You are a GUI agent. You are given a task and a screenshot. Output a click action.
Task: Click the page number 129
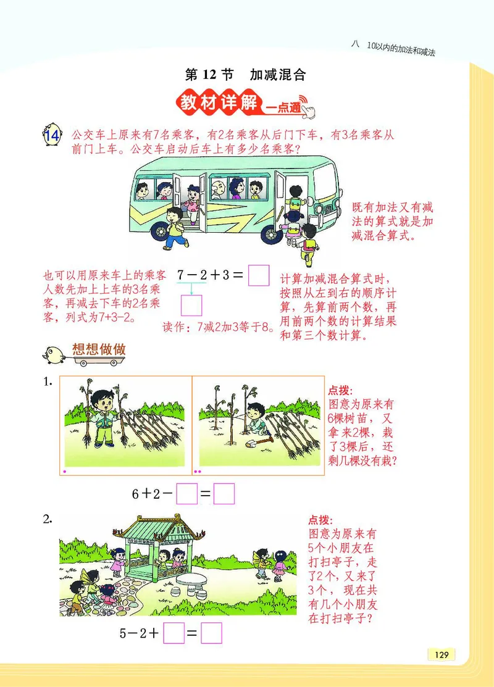click(441, 655)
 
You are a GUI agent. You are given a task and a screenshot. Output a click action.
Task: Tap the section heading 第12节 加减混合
click(246, 75)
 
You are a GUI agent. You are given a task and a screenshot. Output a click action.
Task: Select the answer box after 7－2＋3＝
click(258, 275)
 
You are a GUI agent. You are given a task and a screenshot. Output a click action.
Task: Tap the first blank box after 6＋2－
click(186, 493)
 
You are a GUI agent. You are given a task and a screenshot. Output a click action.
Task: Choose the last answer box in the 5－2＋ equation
click(211, 633)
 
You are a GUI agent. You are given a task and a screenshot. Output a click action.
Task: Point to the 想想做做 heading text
click(99, 349)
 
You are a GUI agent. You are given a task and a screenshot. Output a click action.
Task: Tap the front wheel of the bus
click(272, 234)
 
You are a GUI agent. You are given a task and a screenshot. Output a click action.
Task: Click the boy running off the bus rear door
click(175, 226)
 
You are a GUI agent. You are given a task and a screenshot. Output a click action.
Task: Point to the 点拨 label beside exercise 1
click(340, 390)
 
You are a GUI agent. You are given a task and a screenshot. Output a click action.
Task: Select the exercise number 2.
click(48, 519)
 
